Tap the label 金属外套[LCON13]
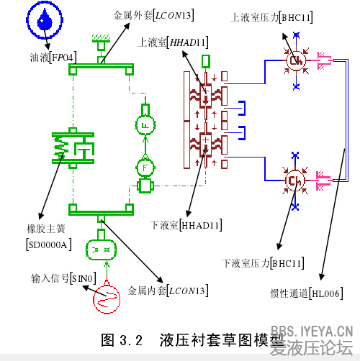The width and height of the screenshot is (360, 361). pyautogui.click(x=153, y=14)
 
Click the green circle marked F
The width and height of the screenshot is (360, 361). pyautogui.click(x=146, y=168)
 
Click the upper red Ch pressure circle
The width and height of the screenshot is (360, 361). pyautogui.click(x=294, y=62)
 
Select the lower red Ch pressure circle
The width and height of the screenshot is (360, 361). pyautogui.click(x=294, y=180)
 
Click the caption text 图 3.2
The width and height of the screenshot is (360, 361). pyautogui.click(x=122, y=339)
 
